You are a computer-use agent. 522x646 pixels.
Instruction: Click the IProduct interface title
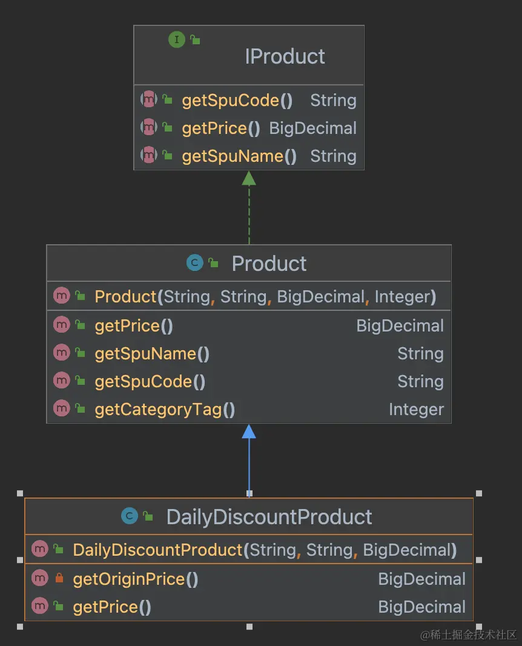[x=285, y=56]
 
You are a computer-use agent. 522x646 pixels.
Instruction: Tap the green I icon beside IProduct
[x=176, y=40]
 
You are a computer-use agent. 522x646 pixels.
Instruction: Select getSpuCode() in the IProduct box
[x=237, y=101]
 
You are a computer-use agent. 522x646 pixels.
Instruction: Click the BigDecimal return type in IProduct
[x=312, y=128]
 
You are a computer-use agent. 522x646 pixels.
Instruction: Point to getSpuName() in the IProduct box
[x=239, y=156]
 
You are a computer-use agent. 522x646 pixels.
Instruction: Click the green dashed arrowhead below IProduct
[x=249, y=178]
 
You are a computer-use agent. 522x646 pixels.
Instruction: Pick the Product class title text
[x=269, y=264]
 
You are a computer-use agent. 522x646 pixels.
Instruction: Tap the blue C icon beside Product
[x=194, y=263]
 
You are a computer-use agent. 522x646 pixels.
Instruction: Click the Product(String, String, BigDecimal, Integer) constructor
[x=265, y=297]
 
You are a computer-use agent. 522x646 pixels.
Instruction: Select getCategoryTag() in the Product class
[x=165, y=410]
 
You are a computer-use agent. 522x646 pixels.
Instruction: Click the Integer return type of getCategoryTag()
[x=416, y=410]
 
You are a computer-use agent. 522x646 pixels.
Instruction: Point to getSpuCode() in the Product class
[x=150, y=382]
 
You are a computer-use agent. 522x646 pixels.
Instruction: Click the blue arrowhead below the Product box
[x=249, y=431]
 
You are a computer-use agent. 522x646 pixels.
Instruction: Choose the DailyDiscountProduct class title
[x=269, y=517]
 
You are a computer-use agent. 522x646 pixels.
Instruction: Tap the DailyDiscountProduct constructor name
[x=157, y=550]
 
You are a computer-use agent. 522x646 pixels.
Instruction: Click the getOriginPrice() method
[x=136, y=579]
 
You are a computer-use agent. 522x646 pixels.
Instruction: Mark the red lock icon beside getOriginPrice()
[x=59, y=579]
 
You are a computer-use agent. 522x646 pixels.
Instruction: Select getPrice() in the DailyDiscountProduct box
[x=112, y=607]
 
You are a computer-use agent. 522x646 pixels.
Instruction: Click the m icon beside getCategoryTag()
[x=62, y=409]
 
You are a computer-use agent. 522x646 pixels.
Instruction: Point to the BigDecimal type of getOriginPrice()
[x=421, y=579]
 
